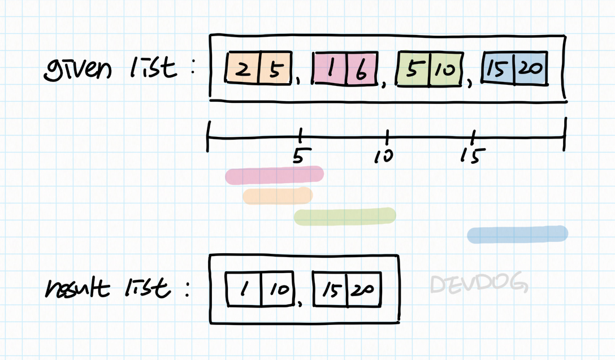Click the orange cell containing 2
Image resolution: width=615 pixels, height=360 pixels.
242,69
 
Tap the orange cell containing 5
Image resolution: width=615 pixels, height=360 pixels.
275,69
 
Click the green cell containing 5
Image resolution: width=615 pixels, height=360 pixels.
414,69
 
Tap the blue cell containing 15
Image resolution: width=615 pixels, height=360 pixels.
497,69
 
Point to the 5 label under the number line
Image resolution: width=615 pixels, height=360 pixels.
298,156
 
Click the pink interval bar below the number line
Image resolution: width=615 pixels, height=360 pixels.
275,175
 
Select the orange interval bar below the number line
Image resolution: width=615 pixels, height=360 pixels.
278,196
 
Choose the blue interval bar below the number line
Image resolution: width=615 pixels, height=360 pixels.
517,234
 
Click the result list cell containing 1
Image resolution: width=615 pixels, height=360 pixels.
244,289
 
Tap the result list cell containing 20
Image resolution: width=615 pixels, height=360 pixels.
364,289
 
